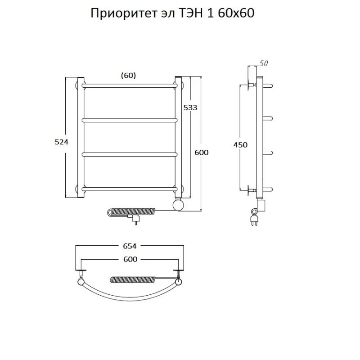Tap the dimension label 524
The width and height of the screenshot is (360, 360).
click(x=62, y=142)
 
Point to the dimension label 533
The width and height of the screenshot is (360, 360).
click(x=190, y=108)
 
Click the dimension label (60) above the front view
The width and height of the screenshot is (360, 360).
click(x=128, y=76)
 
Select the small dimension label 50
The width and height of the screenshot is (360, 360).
click(x=264, y=63)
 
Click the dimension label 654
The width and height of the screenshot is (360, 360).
click(x=129, y=246)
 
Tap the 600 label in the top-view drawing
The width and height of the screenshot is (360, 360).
click(x=129, y=259)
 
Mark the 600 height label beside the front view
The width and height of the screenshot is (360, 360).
click(x=201, y=153)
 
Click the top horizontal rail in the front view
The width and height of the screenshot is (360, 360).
click(x=129, y=85)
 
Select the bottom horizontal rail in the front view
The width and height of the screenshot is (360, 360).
click(x=129, y=189)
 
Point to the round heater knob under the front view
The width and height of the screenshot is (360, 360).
click(x=179, y=205)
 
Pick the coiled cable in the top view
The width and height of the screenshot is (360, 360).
click(x=133, y=279)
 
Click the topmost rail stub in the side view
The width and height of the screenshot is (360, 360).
click(x=267, y=85)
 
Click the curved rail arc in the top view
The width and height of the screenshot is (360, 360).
click(x=129, y=297)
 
